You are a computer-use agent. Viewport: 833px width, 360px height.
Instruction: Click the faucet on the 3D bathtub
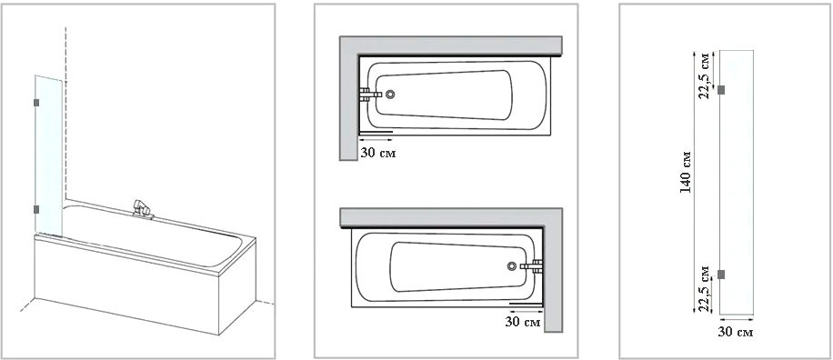[142, 209]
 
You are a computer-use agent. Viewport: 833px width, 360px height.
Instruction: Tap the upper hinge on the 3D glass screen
[36, 103]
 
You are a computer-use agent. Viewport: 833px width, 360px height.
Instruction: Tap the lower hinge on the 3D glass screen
[36, 209]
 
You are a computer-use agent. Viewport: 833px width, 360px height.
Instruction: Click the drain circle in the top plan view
[390, 95]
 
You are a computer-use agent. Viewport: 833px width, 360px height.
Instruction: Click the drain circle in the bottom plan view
[512, 266]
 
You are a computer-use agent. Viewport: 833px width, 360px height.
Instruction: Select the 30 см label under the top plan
[377, 153]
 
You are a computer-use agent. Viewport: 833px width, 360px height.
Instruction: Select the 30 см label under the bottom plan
[523, 321]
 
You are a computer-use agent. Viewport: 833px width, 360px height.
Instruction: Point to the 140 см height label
[686, 172]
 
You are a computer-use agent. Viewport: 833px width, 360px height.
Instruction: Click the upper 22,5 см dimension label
[705, 75]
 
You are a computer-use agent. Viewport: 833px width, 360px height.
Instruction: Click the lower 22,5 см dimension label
[705, 288]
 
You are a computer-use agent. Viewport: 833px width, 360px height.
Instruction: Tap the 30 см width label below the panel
[736, 333]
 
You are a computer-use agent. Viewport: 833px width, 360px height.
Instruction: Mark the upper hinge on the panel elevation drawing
[721, 90]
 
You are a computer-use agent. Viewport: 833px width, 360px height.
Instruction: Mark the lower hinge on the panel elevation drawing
[721, 275]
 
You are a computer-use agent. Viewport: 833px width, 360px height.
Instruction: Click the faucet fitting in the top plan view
[370, 95]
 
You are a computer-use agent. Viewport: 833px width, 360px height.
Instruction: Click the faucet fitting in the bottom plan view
[532, 266]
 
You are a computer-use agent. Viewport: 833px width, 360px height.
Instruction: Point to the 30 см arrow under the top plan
[376, 140]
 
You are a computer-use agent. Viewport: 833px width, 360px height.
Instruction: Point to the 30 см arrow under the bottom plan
[526, 311]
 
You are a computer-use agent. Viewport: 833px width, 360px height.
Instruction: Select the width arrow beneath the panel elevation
[737, 319]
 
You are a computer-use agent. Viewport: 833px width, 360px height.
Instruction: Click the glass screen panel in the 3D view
[49, 155]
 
